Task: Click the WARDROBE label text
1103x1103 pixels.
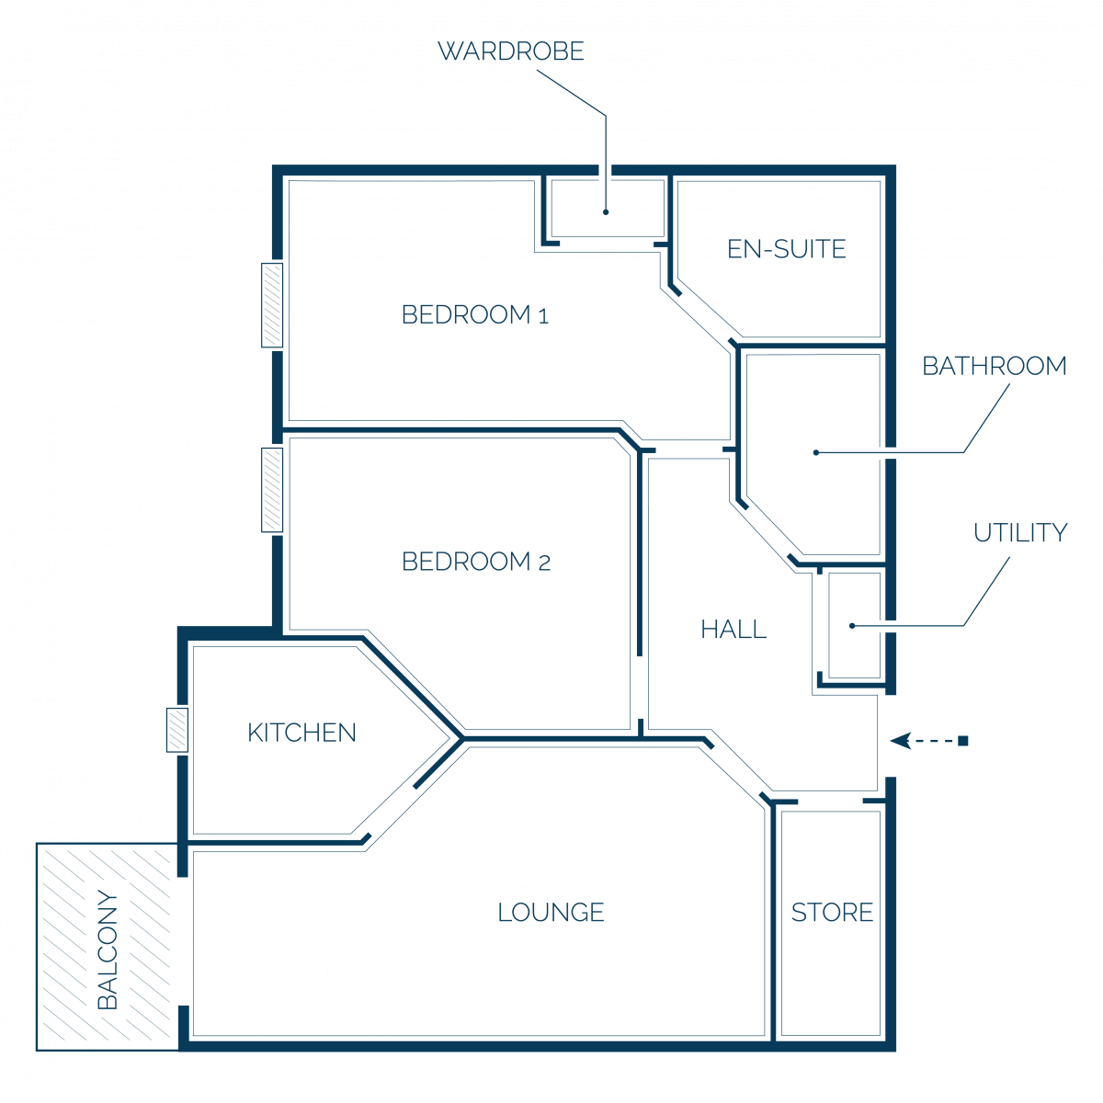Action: pyautogui.click(x=510, y=51)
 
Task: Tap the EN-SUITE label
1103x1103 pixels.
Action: pyautogui.click(x=786, y=249)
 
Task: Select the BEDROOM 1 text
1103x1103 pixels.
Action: pyautogui.click(x=475, y=315)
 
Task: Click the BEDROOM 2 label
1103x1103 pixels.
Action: pyautogui.click(x=475, y=562)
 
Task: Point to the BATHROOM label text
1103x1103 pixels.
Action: pyautogui.click(x=995, y=367)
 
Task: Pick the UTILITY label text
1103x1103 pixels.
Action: pyautogui.click(x=1020, y=533)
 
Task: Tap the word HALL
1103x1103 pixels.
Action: pyautogui.click(x=733, y=630)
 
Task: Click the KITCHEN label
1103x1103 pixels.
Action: pyautogui.click(x=301, y=733)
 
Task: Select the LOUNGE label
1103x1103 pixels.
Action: pyautogui.click(x=551, y=913)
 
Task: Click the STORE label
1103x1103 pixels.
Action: pyautogui.click(x=832, y=913)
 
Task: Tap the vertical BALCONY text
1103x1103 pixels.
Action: pyautogui.click(x=108, y=949)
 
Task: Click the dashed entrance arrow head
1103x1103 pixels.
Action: pyautogui.click(x=901, y=741)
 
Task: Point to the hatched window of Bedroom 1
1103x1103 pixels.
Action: pyautogui.click(x=272, y=305)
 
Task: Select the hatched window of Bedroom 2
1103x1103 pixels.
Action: pyautogui.click(x=272, y=490)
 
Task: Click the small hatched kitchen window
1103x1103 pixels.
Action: pyautogui.click(x=177, y=730)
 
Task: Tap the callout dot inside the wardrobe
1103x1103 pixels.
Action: pyautogui.click(x=606, y=211)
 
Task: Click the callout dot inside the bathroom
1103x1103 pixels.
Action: pyautogui.click(x=815, y=452)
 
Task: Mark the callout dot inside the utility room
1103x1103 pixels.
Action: pyautogui.click(x=852, y=626)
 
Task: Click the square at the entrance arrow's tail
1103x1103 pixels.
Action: pyautogui.click(x=962, y=741)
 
